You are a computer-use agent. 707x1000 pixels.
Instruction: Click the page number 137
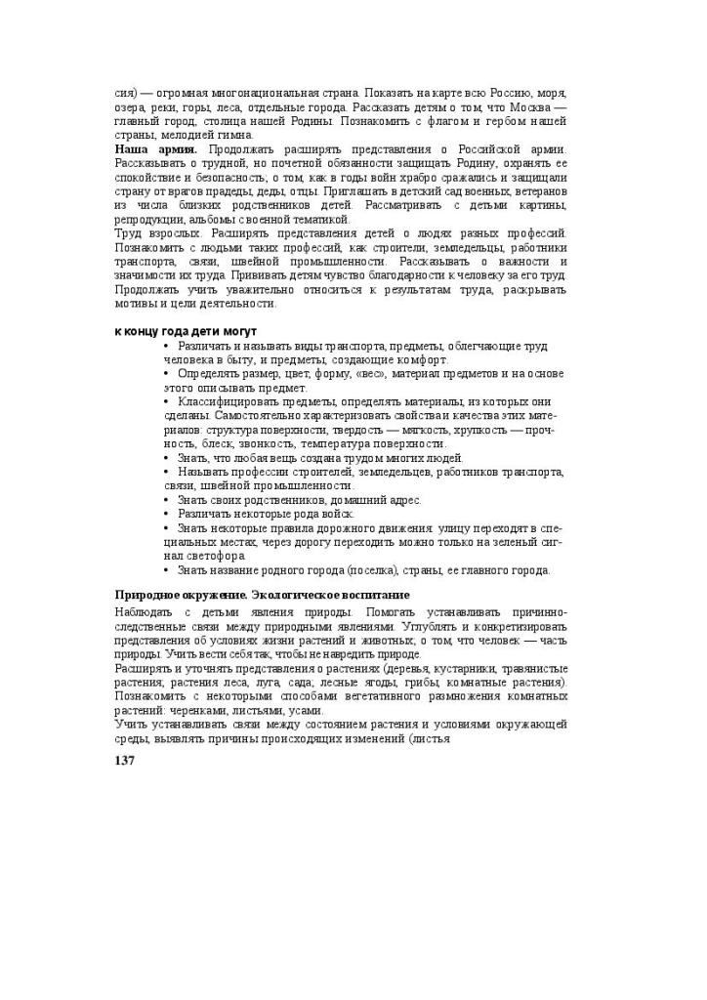(124, 761)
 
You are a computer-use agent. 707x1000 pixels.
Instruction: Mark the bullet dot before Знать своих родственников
(167, 500)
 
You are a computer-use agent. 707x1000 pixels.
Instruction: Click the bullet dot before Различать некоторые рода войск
(167, 515)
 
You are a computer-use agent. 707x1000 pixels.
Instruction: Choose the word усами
(303, 711)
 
